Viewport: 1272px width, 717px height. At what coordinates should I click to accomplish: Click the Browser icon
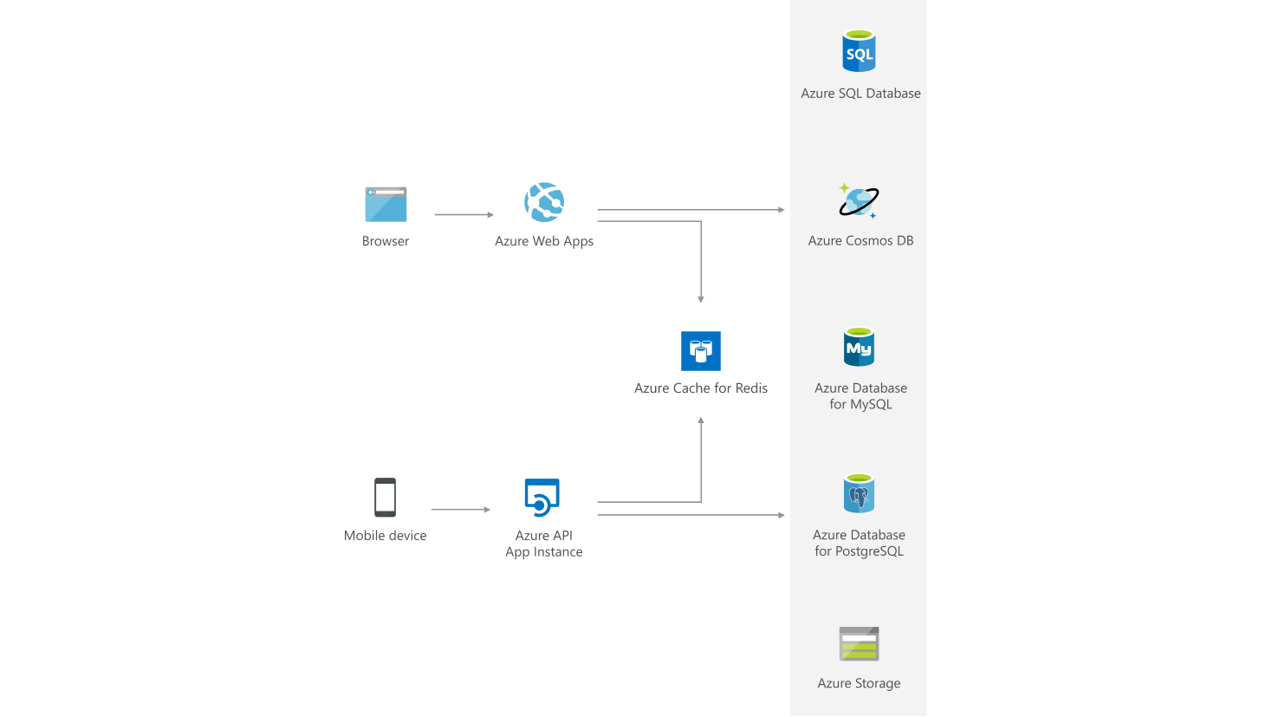(x=386, y=205)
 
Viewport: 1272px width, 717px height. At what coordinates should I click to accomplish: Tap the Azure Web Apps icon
(x=544, y=203)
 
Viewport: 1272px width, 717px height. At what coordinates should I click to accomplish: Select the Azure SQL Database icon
(x=860, y=51)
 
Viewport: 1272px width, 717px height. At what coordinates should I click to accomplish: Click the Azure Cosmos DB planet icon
(x=859, y=201)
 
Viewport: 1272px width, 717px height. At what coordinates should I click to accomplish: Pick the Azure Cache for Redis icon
(x=701, y=351)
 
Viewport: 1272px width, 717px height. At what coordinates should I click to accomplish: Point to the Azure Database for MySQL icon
(x=860, y=348)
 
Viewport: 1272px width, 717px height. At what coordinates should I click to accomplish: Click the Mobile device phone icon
(x=386, y=498)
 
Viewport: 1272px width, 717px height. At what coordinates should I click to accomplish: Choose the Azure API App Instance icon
(x=542, y=498)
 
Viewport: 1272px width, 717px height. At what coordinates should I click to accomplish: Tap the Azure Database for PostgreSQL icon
(x=860, y=494)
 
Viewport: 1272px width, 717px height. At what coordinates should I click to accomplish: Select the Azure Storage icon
(x=860, y=644)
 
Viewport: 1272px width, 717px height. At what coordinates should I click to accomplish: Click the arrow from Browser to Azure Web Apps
(x=464, y=214)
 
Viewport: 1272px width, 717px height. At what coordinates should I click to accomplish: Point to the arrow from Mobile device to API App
(x=461, y=510)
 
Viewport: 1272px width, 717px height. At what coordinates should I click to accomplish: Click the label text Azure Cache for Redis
(x=701, y=388)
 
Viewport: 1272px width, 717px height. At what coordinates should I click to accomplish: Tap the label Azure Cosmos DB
(x=860, y=241)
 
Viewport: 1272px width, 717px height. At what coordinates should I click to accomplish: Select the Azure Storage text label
(x=859, y=683)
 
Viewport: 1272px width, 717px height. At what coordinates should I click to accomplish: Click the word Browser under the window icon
(x=386, y=241)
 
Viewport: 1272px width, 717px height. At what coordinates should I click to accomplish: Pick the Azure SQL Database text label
(x=860, y=94)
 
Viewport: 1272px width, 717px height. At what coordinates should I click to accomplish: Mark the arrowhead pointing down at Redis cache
(x=701, y=298)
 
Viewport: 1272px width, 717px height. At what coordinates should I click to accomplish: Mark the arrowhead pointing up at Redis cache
(x=701, y=421)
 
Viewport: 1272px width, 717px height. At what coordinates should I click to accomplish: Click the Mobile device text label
(x=386, y=536)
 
